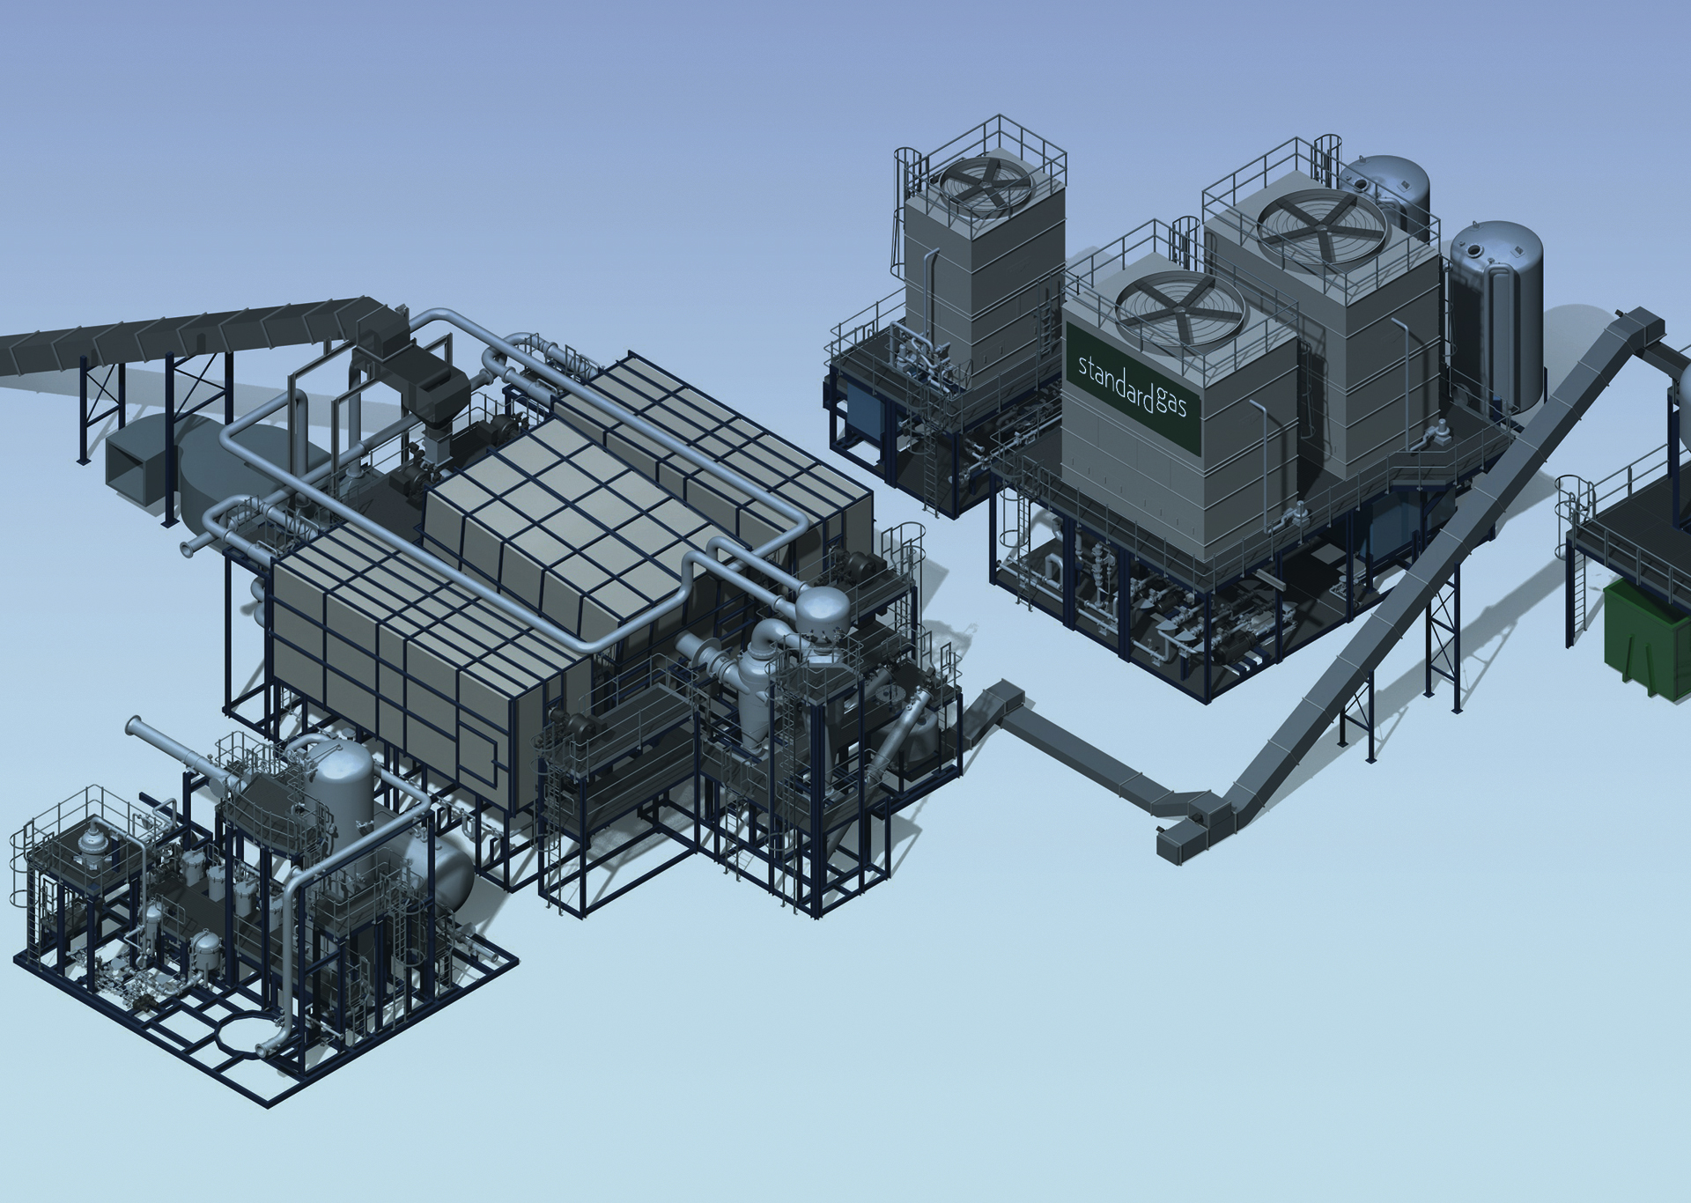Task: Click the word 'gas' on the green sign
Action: (1172, 404)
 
